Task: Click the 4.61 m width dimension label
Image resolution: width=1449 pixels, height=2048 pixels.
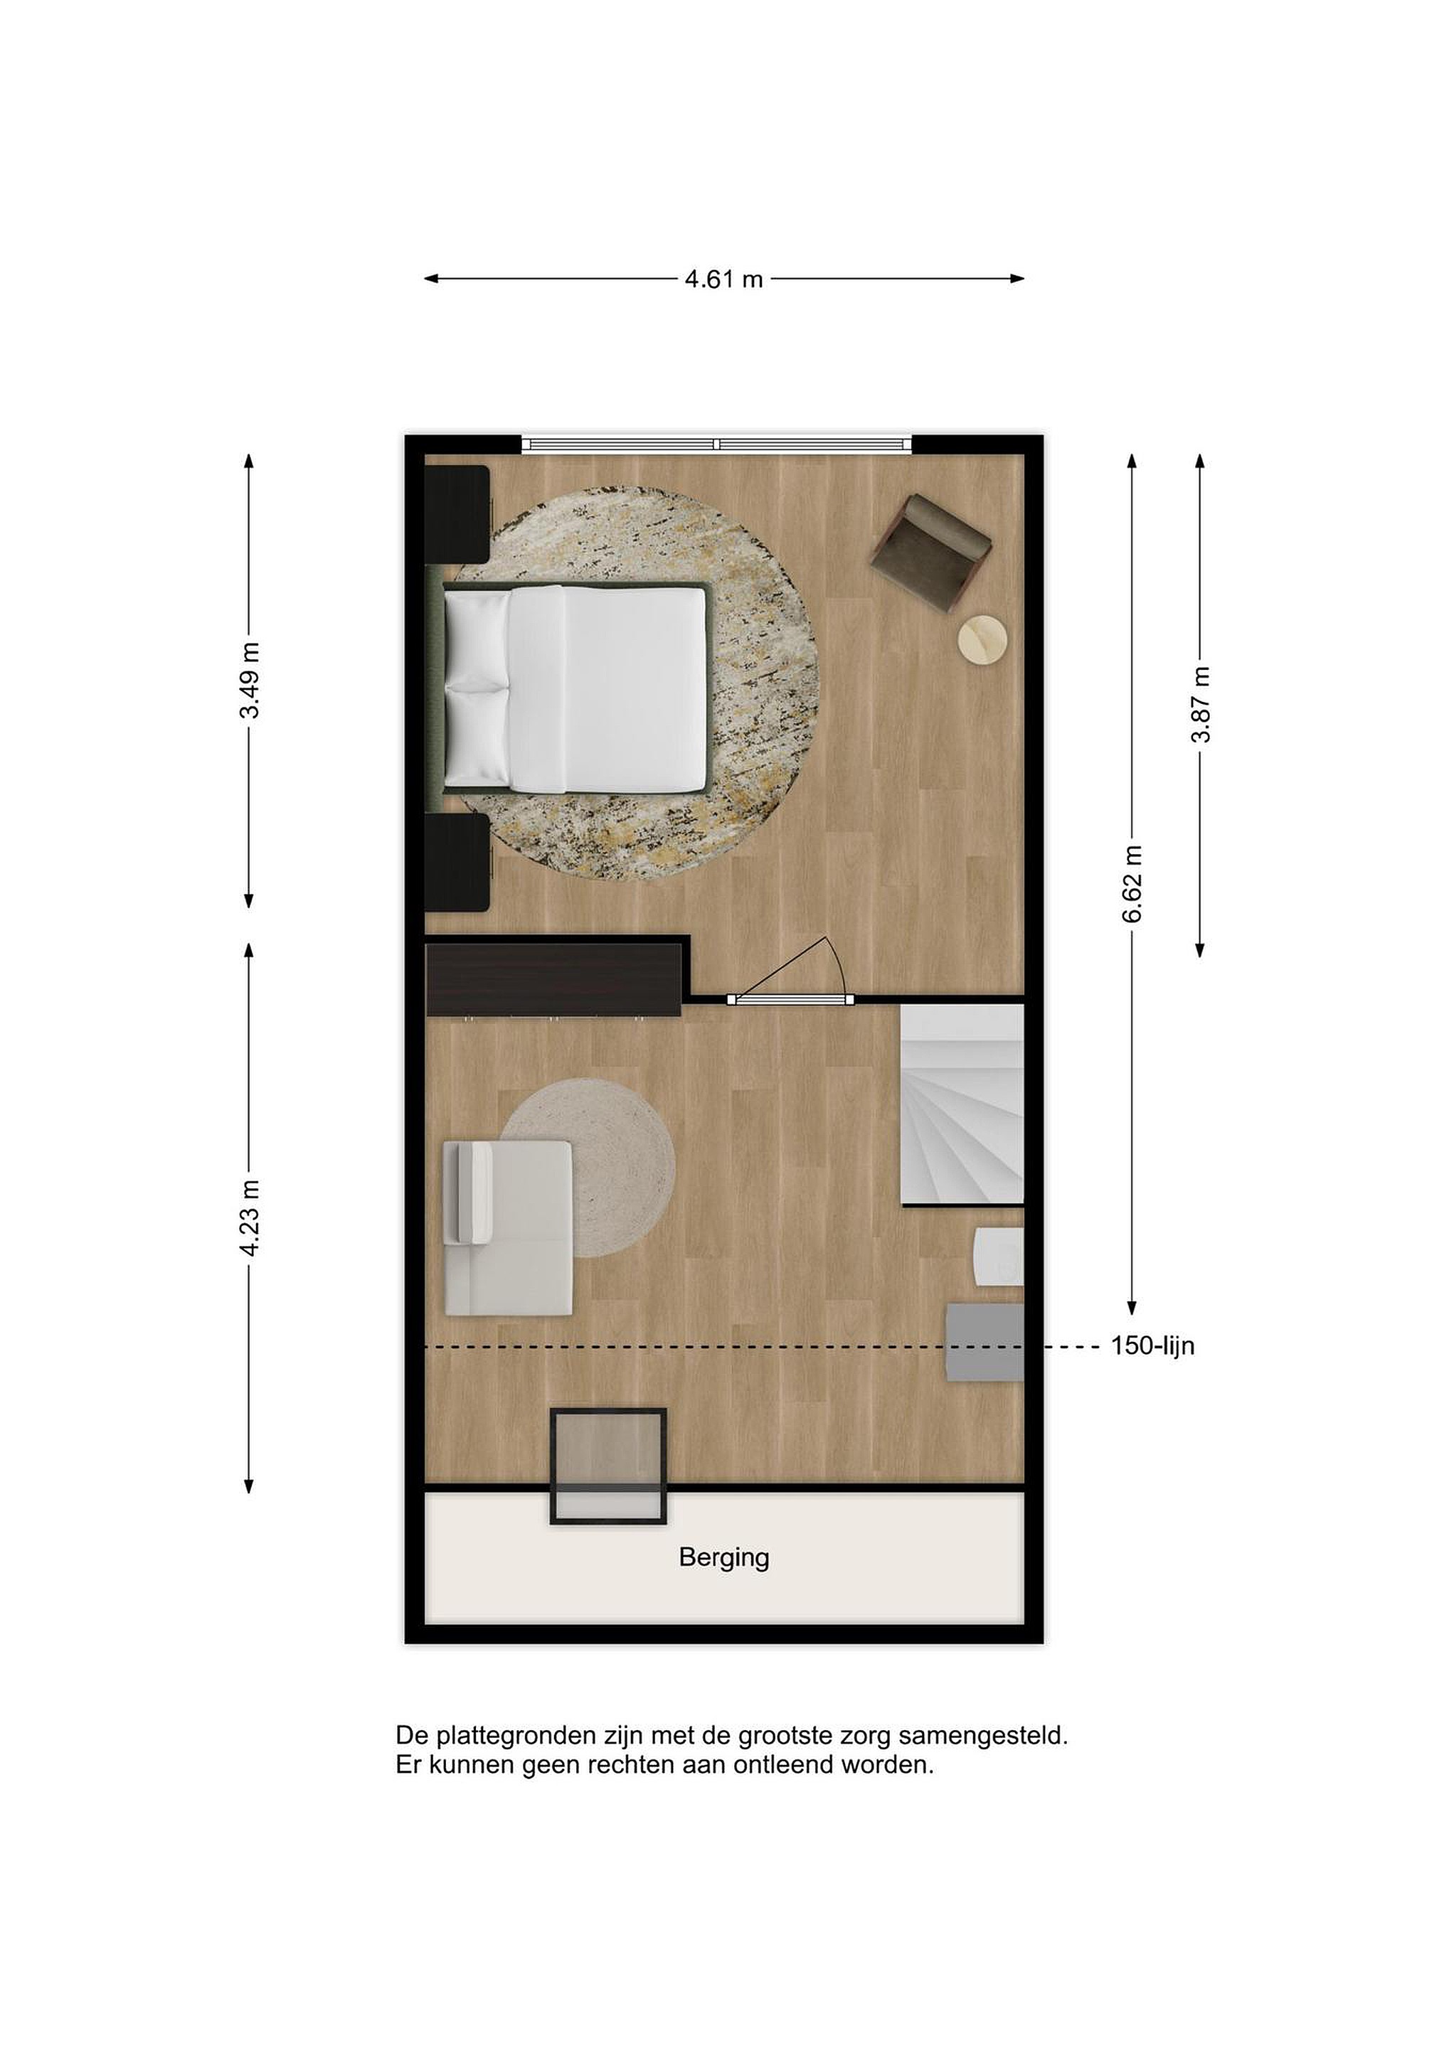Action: tap(723, 279)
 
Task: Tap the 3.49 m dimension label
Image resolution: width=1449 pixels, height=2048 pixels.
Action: tap(250, 680)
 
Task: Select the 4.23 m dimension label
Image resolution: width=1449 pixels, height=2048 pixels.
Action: tap(250, 1217)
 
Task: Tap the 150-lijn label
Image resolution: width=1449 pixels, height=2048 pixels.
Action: tap(1152, 1346)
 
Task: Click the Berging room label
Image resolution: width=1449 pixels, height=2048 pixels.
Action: tap(723, 1558)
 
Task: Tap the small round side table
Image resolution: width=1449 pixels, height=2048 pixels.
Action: tap(983, 639)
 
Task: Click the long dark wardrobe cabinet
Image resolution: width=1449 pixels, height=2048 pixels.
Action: tap(555, 981)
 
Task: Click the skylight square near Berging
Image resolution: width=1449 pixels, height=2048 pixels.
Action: tap(608, 1466)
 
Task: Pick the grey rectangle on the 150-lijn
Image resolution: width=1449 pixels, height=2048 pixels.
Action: tap(984, 1343)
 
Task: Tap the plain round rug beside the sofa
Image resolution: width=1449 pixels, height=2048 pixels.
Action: tap(590, 1167)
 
